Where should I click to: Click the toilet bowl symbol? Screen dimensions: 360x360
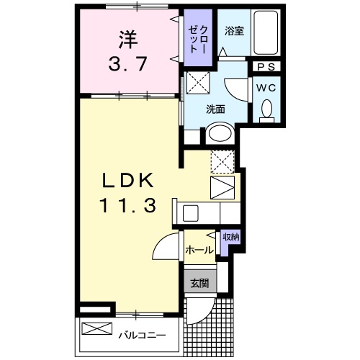[266, 109]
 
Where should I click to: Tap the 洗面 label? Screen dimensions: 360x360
[216, 109]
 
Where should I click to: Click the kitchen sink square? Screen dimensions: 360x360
[190, 213]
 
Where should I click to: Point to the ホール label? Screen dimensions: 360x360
[199, 251]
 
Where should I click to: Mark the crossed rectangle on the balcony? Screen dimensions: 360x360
[96, 330]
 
